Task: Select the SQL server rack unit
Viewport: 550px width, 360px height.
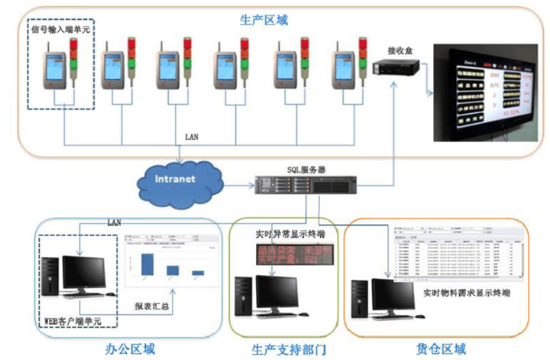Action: (x=306, y=185)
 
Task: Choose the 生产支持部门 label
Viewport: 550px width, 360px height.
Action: (x=288, y=349)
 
